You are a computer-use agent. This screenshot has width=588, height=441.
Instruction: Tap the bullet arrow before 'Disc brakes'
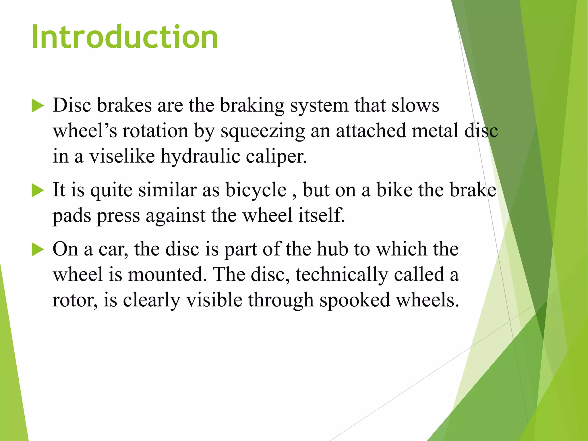[37, 106]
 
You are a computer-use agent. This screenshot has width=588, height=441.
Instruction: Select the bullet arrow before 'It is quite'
[37, 190]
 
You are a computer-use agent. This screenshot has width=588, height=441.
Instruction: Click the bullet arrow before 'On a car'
[37, 249]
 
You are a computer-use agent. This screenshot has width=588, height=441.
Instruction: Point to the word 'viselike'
[122, 156]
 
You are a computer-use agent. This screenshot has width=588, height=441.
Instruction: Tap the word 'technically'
[342, 275]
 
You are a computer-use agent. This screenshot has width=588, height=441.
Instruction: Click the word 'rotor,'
[75, 300]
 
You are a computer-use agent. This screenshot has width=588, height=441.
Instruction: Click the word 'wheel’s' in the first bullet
[85, 131]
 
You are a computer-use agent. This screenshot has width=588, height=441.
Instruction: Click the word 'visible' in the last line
[214, 300]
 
